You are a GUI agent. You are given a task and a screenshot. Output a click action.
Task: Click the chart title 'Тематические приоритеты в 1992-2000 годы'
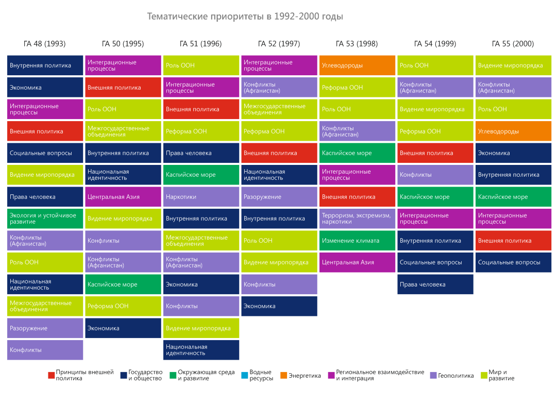(x=245, y=16)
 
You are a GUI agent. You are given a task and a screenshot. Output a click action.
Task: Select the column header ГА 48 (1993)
(x=44, y=44)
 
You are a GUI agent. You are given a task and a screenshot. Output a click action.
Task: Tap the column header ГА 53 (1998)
(x=357, y=44)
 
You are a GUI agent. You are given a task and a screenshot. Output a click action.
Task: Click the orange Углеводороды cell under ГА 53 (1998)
(x=357, y=65)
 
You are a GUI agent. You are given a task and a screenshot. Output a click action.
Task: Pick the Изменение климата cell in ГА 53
(x=357, y=241)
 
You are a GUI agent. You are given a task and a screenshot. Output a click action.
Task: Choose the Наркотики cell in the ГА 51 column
(x=201, y=197)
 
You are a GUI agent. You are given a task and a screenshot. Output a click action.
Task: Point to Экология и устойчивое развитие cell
(x=45, y=219)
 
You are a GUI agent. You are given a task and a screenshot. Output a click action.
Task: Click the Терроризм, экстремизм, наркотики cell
(x=357, y=219)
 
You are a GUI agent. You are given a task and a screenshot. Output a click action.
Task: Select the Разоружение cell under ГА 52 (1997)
(x=279, y=197)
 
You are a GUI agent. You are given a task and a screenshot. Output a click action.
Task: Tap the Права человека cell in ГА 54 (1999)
(x=435, y=284)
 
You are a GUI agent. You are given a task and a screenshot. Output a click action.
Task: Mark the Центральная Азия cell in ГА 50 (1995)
(x=123, y=197)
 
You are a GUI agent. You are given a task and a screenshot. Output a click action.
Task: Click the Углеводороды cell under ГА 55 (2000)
(x=513, y=131)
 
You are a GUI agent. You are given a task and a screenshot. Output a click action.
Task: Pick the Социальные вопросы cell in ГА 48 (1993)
(x=45, y=153)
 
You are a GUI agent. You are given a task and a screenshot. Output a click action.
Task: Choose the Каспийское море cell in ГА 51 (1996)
(x=201, y=175)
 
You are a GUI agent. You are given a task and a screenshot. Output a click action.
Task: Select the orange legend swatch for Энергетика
(x=283, y=376)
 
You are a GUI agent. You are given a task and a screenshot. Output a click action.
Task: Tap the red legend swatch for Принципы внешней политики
(x=51, y=376)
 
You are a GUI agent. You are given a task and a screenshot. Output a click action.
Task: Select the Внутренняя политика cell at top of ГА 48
(x=45, y=65)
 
